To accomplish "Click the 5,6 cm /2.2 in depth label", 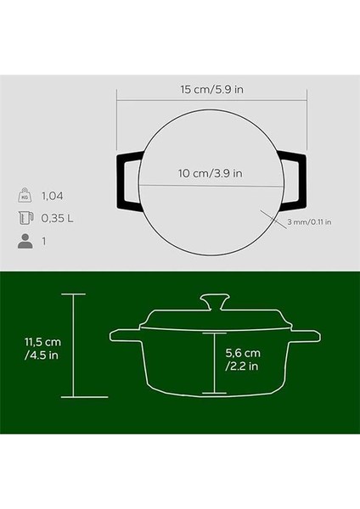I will (242, 359).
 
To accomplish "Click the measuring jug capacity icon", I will (25, 218).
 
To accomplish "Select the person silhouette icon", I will (25, 241).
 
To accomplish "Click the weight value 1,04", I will (53, 196).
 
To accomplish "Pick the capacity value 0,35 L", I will (58, 219).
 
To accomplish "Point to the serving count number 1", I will (44, 242).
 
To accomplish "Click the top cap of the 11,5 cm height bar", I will (73, 294).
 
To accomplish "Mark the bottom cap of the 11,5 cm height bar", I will (73, 397).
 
